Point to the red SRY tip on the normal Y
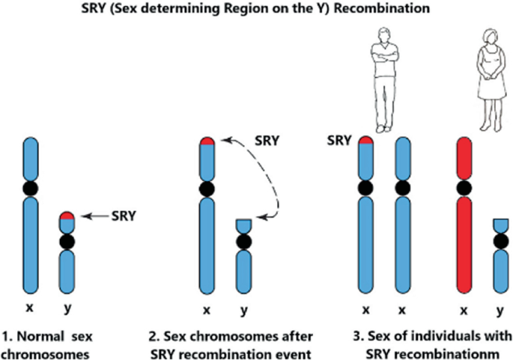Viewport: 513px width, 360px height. (x=68, y=216)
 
